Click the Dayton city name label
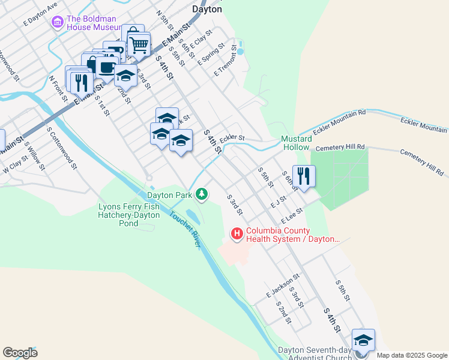(207, 9)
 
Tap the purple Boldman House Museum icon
(58, 23)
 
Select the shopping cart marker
(139, 43)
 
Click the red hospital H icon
(237, 233)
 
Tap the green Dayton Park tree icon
(203, 194)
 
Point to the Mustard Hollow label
(295, 143)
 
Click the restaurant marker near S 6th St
(304, 176)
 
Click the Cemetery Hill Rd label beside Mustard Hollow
(340, 147)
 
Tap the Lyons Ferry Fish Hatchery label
(130, 215)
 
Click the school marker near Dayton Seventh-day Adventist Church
(363, 340)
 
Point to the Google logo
(20, 353)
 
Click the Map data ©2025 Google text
(411, 355)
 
